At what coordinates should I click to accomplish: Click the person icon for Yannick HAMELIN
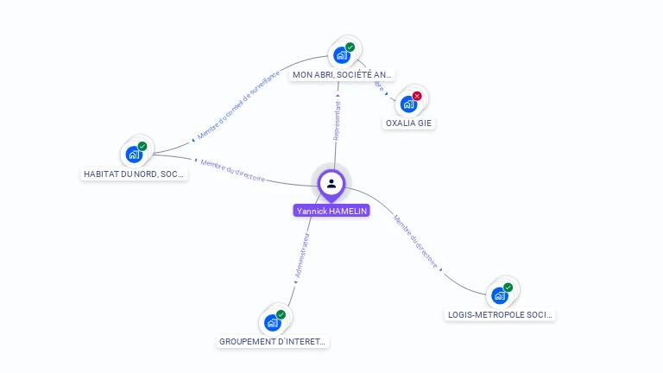[331, 183]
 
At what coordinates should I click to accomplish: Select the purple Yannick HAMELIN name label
[331, 211]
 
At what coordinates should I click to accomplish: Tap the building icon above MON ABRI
[342, 55]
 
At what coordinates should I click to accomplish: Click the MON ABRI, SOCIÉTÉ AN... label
[343, 75]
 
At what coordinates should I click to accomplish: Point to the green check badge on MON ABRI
[350, 47]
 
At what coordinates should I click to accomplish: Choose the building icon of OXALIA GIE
[408, 104]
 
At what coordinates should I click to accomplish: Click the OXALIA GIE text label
[409, 123]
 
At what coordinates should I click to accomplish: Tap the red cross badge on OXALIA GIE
[417, 96]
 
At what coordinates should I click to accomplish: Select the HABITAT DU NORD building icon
[134, 154]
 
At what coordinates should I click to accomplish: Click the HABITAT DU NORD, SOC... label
[134, 174]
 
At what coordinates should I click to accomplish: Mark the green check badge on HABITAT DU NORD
[142, 146]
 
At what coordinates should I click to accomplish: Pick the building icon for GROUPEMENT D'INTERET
[273, 322]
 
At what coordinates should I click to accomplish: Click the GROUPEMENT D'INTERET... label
[273, 342]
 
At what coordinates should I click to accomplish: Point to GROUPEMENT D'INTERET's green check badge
[281, 314]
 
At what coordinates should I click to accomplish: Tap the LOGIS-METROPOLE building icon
[500, 295]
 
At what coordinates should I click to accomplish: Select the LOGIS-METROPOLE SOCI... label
[501, 315]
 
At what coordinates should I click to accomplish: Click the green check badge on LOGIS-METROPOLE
[508, 288]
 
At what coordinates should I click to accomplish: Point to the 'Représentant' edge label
[338, 121]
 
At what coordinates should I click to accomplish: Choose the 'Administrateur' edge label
[301, 255]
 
